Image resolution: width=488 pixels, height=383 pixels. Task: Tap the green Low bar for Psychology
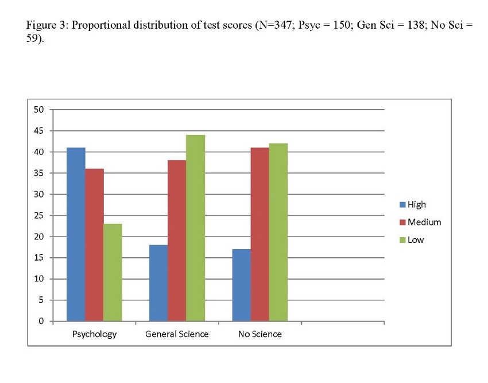[x=113, y=272]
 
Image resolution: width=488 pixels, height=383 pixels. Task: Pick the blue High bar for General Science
[x=158, y=283]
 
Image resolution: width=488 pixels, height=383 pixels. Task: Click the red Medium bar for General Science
[x=177, y=241]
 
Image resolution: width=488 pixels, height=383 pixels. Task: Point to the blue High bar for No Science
[x=242, y=285]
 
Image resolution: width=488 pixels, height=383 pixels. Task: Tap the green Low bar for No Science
[x=278, y=232]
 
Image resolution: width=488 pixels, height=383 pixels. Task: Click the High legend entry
[x=416, y=204]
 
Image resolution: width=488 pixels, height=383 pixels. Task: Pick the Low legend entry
[x=415, y=240]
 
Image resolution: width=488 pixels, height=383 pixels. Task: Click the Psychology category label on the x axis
[x=94, y=334]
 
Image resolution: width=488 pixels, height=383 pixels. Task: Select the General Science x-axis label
[x=177, y=334]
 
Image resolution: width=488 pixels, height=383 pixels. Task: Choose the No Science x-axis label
[x=260, y=334]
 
